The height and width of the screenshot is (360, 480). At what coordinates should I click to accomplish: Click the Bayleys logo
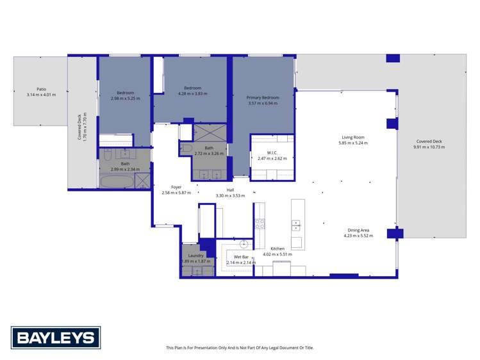(55, 338)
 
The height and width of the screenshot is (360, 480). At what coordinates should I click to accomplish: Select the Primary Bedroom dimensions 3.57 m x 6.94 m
(263, 102)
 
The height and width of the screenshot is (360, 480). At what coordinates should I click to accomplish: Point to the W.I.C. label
(272, 152)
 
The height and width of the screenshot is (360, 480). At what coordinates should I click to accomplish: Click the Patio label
(41, 89)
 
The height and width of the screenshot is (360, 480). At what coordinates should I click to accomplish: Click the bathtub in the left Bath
(117, 182)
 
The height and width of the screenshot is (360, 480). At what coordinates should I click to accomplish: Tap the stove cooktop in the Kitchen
(260, 224)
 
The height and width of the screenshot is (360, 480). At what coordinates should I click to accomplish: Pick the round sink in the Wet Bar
(244, 243)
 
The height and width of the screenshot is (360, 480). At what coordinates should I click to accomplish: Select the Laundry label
(196, 256)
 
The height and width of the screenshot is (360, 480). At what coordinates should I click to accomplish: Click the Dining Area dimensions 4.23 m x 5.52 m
(358, 236)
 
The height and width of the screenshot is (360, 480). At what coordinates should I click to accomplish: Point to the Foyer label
(176, 187)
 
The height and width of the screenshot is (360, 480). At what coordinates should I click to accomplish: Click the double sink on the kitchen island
(297, 225)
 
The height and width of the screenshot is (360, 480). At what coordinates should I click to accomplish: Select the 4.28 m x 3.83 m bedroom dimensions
(193, 94)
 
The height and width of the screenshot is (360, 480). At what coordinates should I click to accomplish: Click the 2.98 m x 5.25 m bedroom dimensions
(125, 98)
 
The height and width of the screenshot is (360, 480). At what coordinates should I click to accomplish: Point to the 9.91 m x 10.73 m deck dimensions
(429, 147)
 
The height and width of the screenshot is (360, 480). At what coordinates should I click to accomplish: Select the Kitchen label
(277, 249)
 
